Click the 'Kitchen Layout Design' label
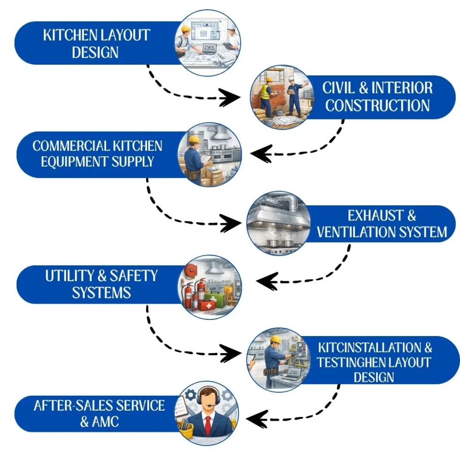[x=96, y=44]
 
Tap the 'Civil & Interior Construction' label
[x=377, y=97]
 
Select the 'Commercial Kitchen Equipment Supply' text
[x=97, y=154]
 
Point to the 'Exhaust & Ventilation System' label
[x=382, y=224]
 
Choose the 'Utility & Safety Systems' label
[x=101, y=284]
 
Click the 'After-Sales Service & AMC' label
[x=99, y=413]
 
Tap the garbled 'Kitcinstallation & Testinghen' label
[x=375, y=362]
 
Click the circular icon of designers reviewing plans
[x=207, y=43]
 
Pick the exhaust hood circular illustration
[x=279, y=223]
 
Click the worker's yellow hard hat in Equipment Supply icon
[x=195, y=139]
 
